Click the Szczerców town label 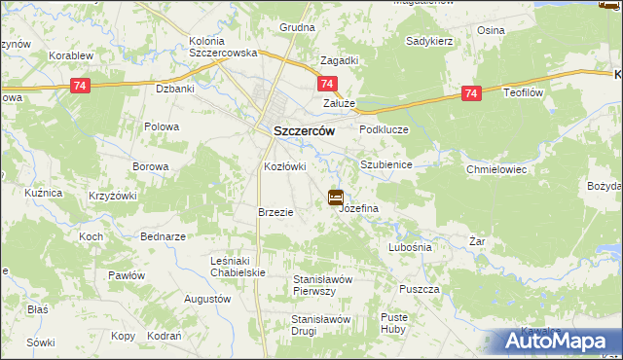(x=300, y=131)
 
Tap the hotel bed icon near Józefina (x=336, y=198)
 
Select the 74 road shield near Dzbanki (x=81, y=87)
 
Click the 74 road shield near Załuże (x=328, y=86)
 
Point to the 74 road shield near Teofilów (x=471, y=93)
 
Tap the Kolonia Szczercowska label (x=222, y=47)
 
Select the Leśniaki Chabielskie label (x=238, y=267)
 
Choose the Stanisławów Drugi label (x=320, y=324)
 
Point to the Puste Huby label (x=394, y=323)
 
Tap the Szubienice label (x=386, y=164)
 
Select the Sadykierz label (x=432, y=42)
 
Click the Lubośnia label (x=410, y=247)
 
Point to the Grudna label (x=297, y=28)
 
